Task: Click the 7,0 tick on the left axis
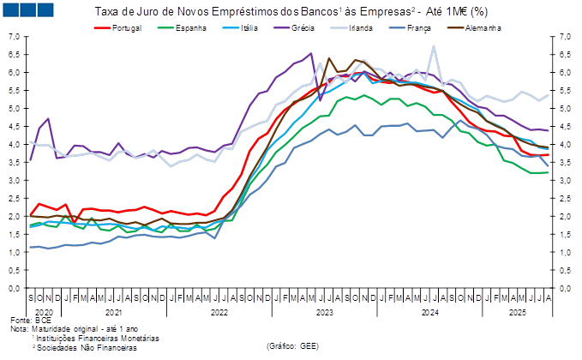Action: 16,37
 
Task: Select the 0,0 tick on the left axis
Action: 16,289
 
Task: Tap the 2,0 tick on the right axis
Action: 566,217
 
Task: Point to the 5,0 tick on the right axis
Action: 566,109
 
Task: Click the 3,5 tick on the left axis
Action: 16,163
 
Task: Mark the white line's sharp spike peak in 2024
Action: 435,46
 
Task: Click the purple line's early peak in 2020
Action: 48,118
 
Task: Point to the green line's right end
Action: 549,172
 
